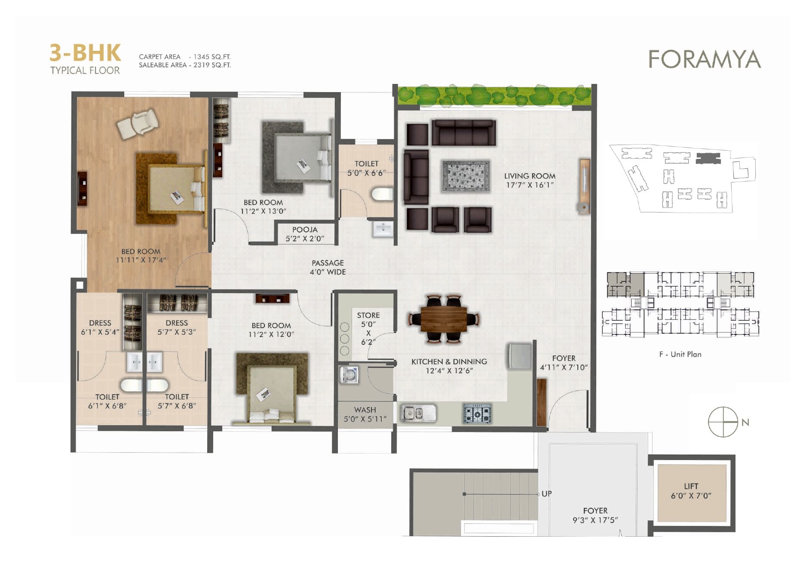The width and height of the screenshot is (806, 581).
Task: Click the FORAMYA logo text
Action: coord(705,59)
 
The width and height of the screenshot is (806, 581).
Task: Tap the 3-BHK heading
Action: coord(85,53)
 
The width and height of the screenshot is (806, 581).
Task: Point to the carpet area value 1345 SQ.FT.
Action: coord(212,57)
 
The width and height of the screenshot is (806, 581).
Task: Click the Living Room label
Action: coord(530,180)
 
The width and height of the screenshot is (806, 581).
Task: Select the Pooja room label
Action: coord(305,234)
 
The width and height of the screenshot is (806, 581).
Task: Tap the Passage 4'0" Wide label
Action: coord(328,267)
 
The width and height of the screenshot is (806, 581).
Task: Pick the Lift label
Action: coord(691,491)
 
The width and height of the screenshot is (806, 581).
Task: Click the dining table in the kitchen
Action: coord(444,319)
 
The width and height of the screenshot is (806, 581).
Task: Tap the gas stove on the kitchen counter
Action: coord(477,414)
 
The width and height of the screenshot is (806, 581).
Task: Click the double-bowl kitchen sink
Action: coord(418,414)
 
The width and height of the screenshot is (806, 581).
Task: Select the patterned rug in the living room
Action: coord(466,176)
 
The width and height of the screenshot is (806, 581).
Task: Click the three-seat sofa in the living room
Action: coord(463,133)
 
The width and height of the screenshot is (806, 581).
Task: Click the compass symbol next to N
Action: coord(723,422)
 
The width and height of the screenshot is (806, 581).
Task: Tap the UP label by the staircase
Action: coord(547,494)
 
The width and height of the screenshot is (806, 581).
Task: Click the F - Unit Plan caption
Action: coord(680,354)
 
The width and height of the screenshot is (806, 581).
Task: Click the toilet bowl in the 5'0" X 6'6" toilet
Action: coord(382,194)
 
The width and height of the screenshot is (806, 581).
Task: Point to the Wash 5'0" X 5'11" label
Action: coord(365,414)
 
